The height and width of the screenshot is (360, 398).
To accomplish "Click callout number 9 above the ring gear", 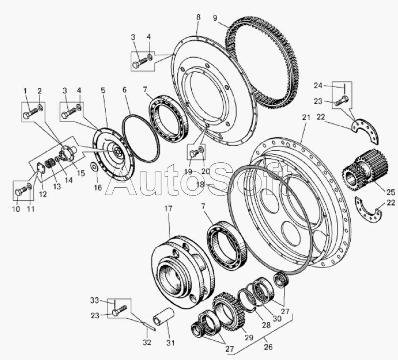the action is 215,18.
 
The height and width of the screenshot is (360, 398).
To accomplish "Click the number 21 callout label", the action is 305,118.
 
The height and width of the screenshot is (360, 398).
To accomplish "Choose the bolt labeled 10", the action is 20,192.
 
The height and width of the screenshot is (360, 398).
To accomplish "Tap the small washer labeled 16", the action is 95,167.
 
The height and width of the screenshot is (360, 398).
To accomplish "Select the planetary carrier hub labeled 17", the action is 183,270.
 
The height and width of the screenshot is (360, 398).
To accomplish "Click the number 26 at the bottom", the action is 268,347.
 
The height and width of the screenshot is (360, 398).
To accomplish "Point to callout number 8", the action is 198,17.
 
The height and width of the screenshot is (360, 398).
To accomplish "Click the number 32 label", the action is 147,343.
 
